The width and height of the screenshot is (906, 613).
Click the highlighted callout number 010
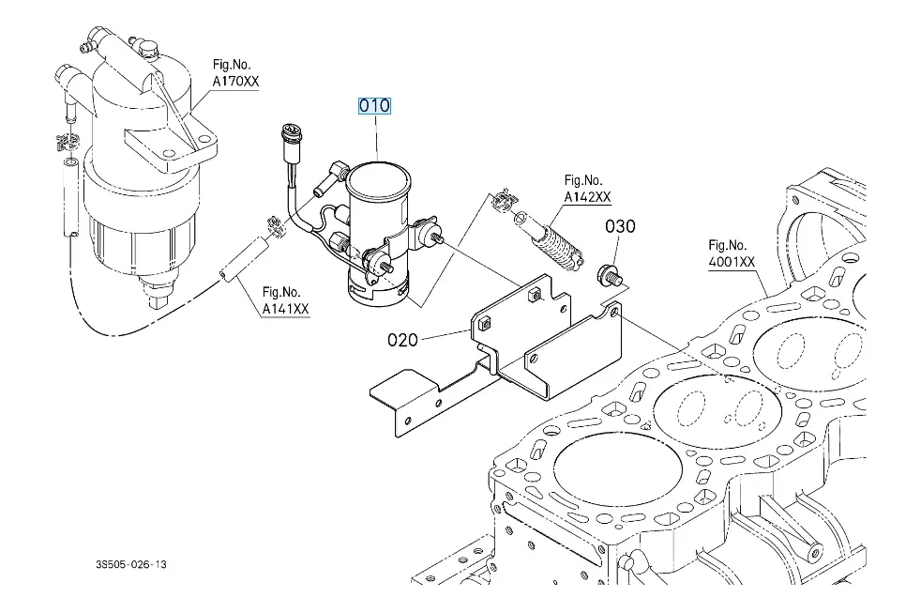pyautogui.click(x=374, y=106)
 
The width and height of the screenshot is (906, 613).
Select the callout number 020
pyautogui.click(x=402, y=340)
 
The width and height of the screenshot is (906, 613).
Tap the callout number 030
pyautogui.click(x=620, y=226)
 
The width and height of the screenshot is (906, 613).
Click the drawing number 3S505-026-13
pyautogui.click(x=131, y=564)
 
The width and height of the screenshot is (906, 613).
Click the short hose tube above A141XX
pyautogui.click(x=244, y=260)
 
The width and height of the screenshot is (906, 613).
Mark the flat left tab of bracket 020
pyautogui.click(x=404, y=390)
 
